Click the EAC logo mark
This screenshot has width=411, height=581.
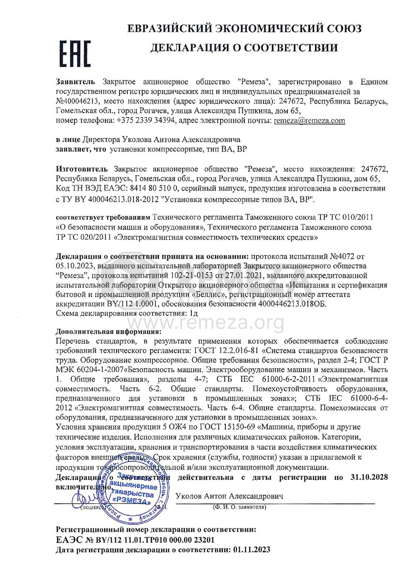(75, 54)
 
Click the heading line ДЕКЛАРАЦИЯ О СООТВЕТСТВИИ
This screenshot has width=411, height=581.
(244, 48)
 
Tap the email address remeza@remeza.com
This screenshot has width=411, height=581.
(309, 121)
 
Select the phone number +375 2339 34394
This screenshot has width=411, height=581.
(146, 121)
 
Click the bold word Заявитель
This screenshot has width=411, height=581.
(75, 82)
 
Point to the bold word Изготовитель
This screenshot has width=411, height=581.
(82, 169)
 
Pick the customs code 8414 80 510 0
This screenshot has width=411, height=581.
(155, 188)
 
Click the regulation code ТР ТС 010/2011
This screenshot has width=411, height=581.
(345, 217)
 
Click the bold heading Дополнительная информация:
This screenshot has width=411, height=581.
(109, 332)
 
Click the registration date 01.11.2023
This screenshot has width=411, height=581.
(252, 550)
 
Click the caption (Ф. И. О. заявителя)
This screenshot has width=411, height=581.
(239, 507)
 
